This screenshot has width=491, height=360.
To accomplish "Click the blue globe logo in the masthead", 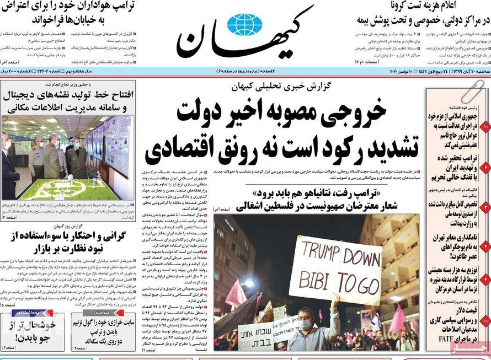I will (x=245, y=25).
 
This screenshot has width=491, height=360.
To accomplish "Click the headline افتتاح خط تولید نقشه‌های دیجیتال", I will (x=67, y=99).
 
